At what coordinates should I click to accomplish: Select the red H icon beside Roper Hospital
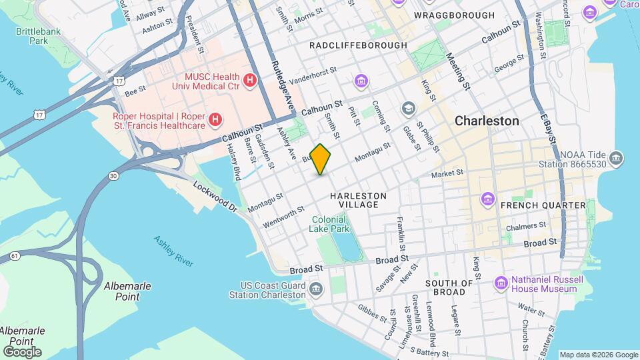pos(215,120)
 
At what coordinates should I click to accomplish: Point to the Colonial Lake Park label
pos(328,224)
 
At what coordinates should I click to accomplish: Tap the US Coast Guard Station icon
pos(316,289)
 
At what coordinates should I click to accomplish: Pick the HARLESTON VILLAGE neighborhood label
pos(357,200)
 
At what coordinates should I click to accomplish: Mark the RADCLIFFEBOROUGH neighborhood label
pos(358,45)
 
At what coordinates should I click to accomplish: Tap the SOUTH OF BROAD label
pos(449,288)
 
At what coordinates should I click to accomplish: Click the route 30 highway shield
pos(113,175)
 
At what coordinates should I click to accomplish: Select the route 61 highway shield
pos(14,256)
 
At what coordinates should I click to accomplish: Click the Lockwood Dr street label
pos(215,197)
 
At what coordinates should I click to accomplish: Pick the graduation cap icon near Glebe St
pos(408,108)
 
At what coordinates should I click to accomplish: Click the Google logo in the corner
pos(22,351)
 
